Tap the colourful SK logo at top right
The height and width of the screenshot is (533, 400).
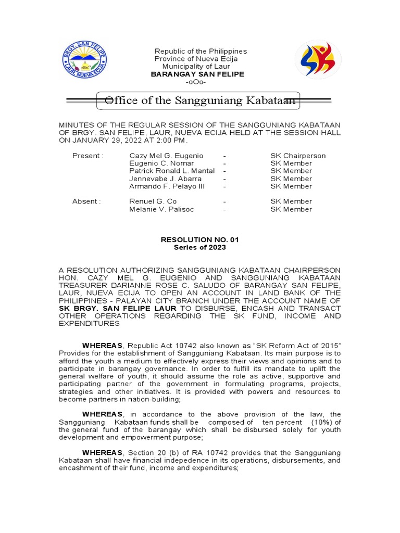coord(318,60)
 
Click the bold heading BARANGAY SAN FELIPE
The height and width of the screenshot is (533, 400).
coord(197,74)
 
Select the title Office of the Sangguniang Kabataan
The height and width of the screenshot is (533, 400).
coord(201,100)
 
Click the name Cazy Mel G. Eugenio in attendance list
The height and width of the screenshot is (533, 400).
coord(166,156)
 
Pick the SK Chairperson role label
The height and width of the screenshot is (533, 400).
coord(298,156)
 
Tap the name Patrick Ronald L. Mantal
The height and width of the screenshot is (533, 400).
coord(172,171)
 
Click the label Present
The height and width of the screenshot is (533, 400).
coord(88,156)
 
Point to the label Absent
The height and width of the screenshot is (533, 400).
coord(86,201)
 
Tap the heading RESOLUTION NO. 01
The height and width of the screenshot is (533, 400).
coord(200,239)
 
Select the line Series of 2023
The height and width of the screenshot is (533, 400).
coord(200,247)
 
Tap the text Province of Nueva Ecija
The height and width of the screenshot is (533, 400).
coord(196,59)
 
